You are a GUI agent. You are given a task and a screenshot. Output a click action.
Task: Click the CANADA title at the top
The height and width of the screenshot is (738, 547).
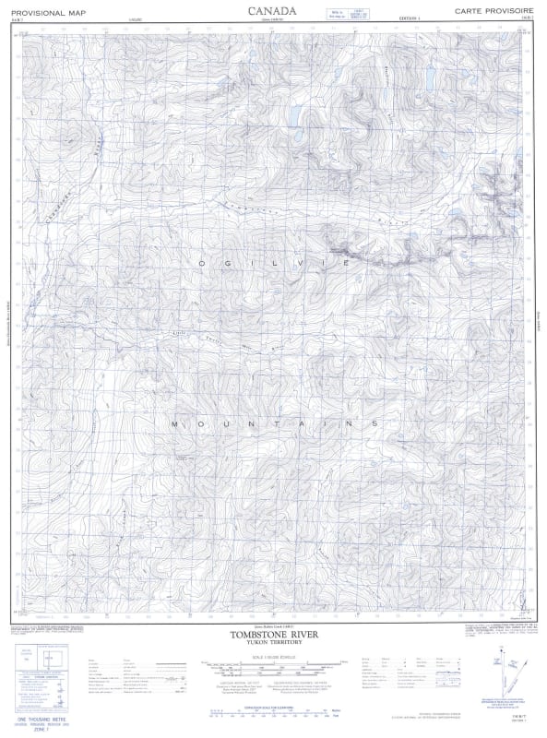point(273,10)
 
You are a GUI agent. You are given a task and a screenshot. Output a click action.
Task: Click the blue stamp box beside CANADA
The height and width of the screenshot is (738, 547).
point(328,12)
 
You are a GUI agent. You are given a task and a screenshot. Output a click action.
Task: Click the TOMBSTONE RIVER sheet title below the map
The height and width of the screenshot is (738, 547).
point(273,635)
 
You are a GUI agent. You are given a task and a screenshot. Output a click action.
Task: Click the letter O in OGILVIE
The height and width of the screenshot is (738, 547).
point(200,264)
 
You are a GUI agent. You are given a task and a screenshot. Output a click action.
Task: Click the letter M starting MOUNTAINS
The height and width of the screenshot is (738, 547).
point(174,423)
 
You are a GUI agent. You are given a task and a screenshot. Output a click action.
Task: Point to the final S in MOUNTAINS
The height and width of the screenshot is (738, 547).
point(374,423)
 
